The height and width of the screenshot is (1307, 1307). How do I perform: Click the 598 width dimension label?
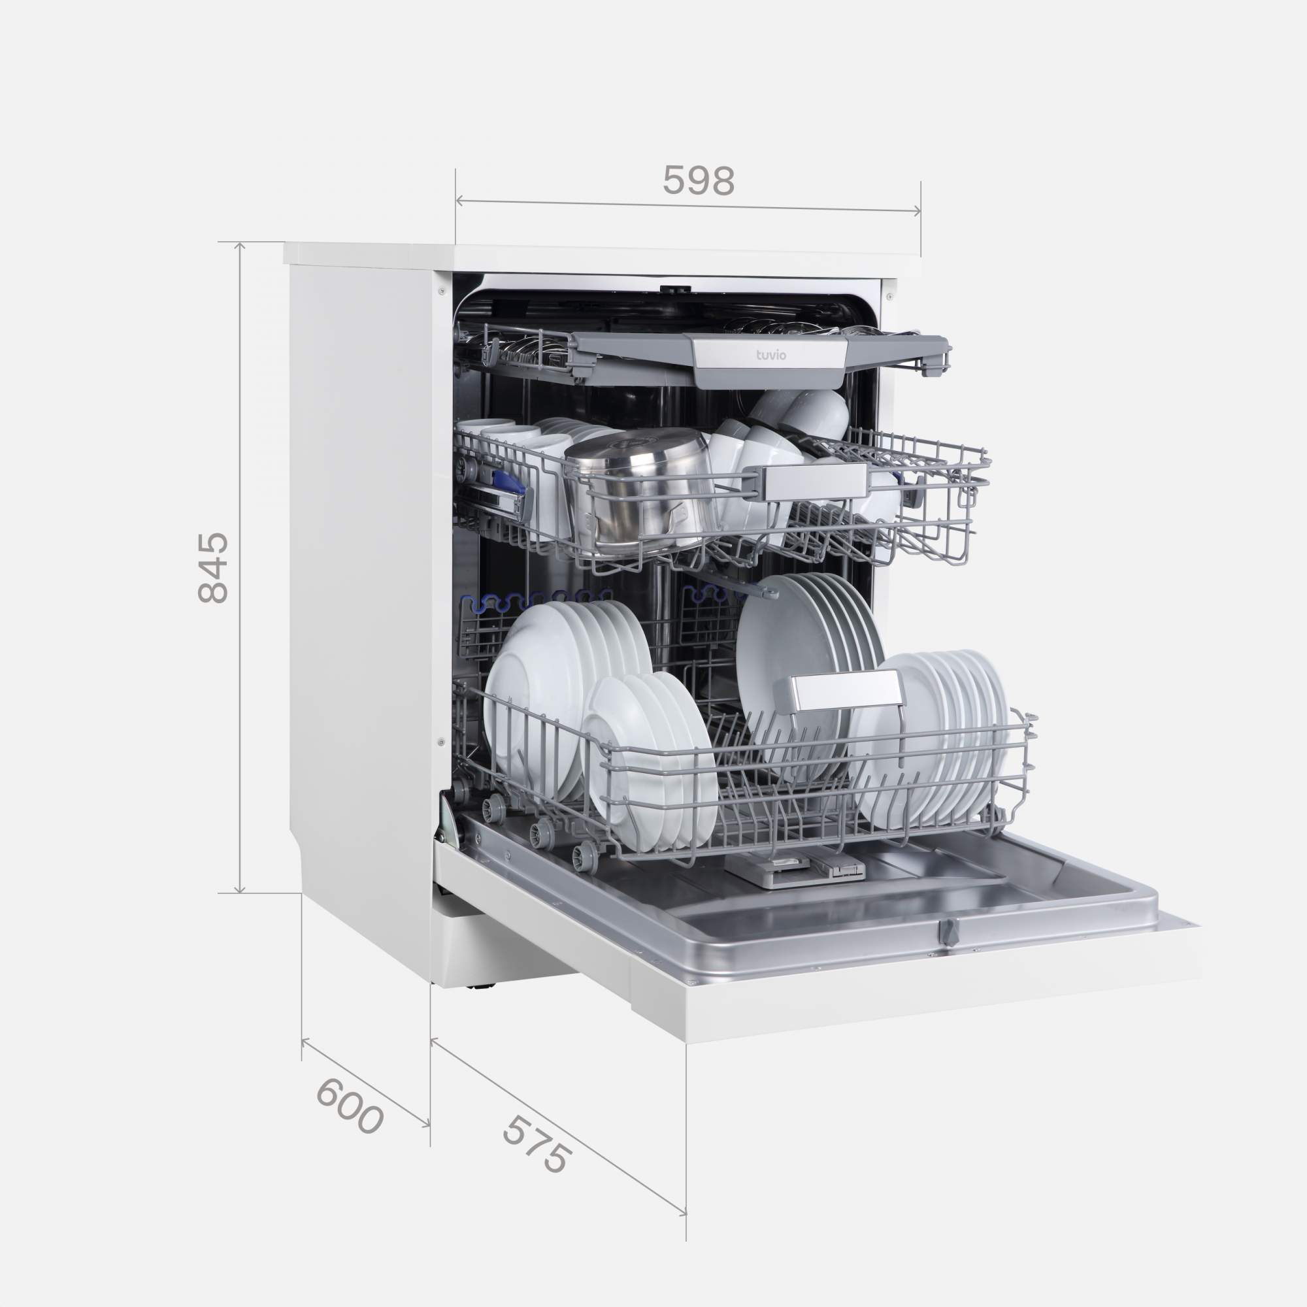698,181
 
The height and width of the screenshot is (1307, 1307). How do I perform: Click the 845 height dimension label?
214,567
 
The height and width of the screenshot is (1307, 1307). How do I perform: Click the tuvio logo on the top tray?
771,354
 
